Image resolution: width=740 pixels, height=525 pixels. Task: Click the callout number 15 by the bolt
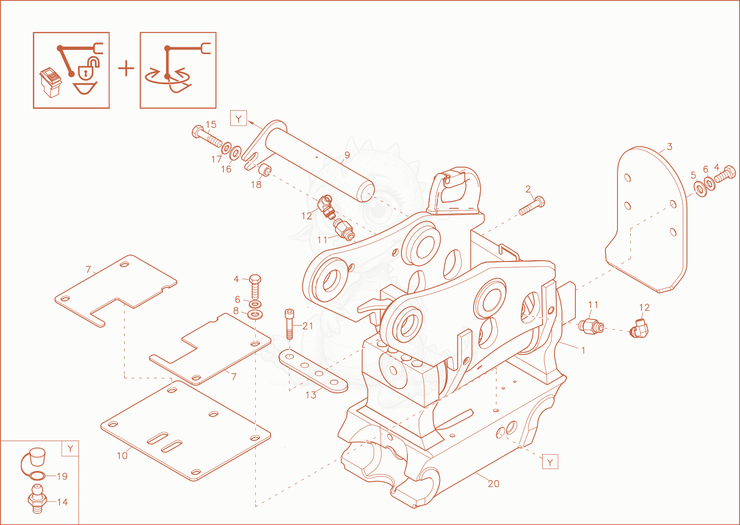coord(211,125)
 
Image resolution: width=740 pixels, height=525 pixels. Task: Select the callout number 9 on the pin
coord(347,155)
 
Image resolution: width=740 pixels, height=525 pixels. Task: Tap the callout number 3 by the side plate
coord(669,146)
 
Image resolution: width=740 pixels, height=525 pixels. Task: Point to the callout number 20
coord(493,484)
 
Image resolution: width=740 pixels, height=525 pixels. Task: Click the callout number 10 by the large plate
coord(122,456)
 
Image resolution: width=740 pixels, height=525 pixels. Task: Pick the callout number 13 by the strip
coord(311,395)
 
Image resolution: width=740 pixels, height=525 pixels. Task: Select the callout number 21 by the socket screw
coord(308,326)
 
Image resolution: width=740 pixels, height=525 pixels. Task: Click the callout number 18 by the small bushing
coord(256,184)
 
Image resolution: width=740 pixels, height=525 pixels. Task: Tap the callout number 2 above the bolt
coord(528,189)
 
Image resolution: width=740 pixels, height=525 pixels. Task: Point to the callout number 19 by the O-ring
coord(62,476)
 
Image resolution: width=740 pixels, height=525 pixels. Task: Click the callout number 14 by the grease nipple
coord(62,502)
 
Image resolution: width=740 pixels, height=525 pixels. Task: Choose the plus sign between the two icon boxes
coord(126,69)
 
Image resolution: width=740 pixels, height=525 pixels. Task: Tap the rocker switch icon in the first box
coord(50,83)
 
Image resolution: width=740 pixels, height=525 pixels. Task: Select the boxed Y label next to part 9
coord(239,119)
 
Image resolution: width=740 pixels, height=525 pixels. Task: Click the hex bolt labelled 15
coord(207,137)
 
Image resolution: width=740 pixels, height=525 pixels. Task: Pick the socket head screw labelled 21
coord(290,325)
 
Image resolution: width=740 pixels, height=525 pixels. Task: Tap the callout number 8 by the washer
coord(235,311)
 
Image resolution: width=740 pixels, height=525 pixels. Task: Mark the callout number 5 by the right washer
coord(693,175)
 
